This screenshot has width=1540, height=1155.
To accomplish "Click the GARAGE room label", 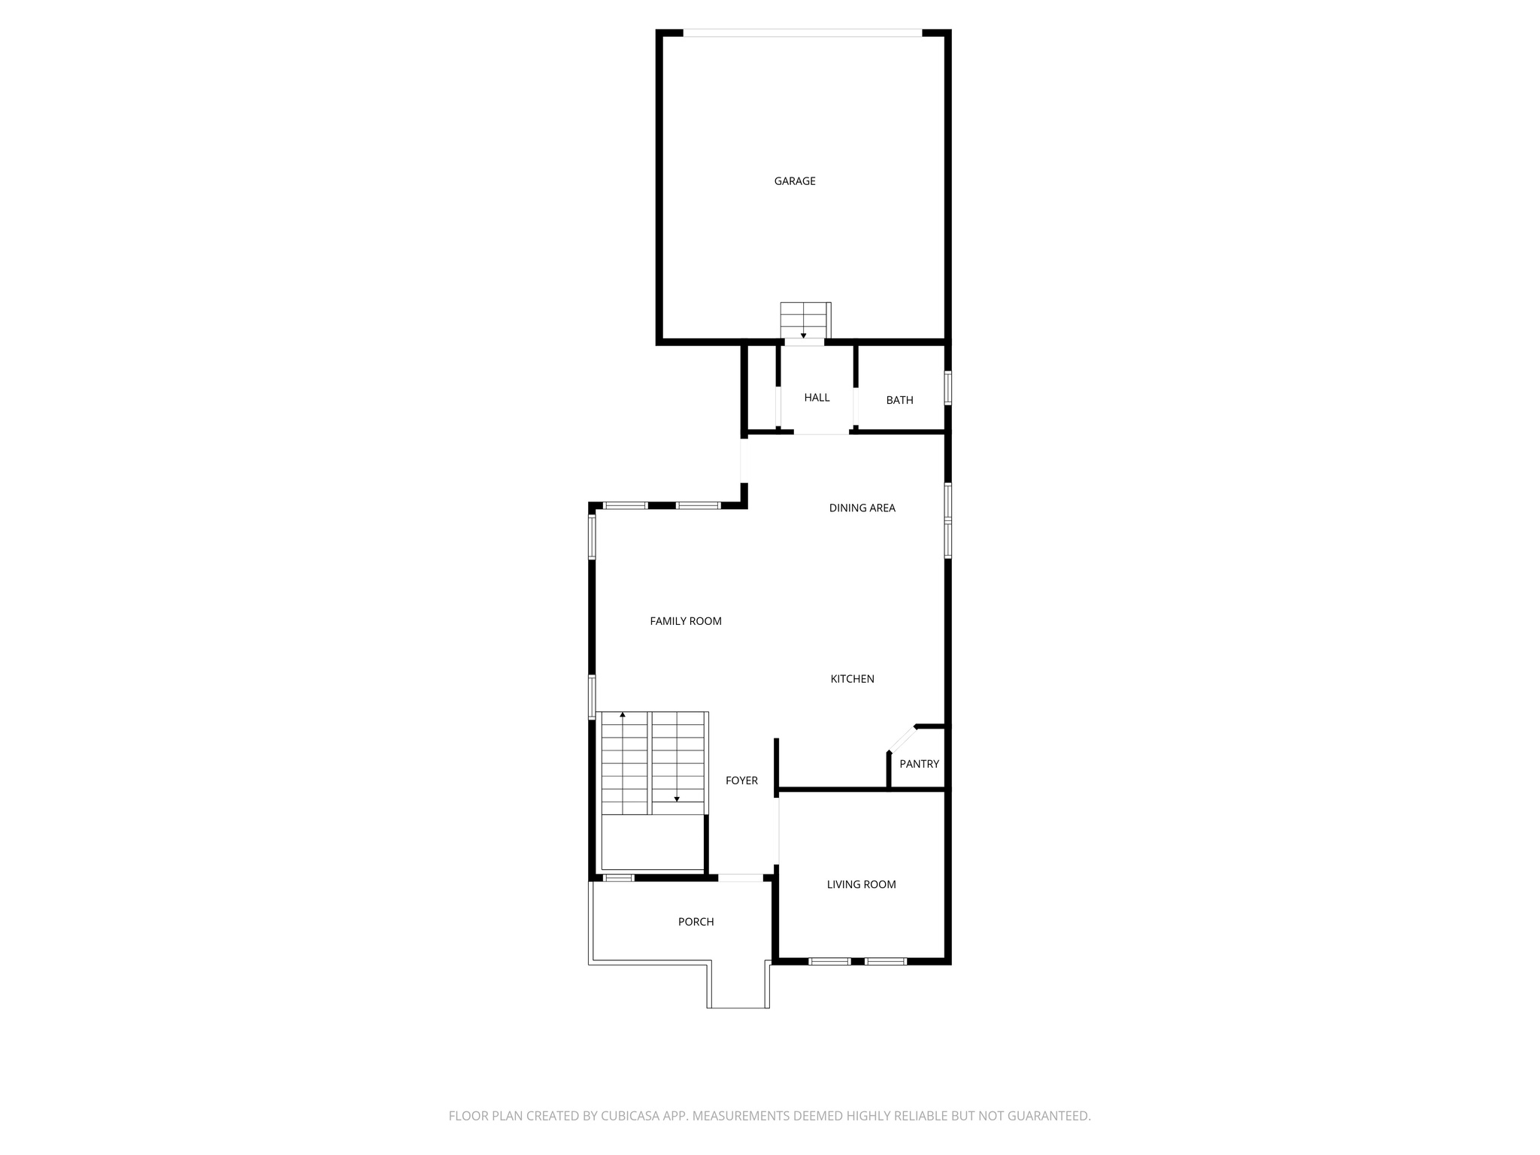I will click(x=795, y=181).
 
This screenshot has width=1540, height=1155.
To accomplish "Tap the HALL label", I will click(x=817, y=398).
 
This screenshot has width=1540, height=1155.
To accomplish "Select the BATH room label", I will click(x=899, y=400).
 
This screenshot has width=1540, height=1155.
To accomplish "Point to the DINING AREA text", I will click(x=862, y=508).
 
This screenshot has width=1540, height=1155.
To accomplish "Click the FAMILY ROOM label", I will click(x=686, y=621).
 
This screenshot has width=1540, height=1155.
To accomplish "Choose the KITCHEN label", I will click(x=852, y=679).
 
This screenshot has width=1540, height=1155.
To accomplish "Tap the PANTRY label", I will click(x=919, y=764).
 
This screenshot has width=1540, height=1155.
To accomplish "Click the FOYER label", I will click(x=741, y=781).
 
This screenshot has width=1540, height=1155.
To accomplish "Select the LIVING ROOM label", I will click(x=861, y=884).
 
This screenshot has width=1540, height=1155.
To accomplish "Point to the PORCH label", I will click(x=696, y=922).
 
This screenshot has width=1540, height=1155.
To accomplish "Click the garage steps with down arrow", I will click(x=805, y=321).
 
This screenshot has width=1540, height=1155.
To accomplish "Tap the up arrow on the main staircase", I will click(x=623, y=715).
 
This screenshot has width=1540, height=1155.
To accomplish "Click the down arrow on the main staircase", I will click(x=677, y=799).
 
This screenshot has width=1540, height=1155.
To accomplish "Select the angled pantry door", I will click(x=902, y=738).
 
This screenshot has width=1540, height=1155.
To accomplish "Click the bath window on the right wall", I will click(x=948, y=388).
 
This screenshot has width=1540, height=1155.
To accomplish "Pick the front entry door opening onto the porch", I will click(x=741, y=878).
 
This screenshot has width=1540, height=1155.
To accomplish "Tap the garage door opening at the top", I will click(x=802, y=33).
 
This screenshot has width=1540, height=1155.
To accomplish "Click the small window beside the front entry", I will click(x=619, y=878).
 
